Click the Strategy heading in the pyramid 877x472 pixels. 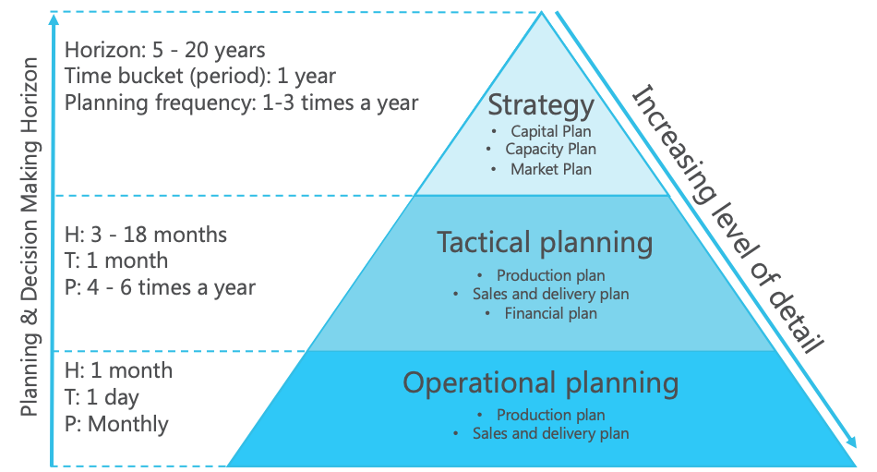tap(541, 105)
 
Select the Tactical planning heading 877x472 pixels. tap(544, 243)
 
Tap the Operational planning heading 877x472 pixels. tap(541, 382)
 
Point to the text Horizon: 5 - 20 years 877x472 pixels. tap(165, 49)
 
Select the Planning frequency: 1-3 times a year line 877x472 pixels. tap(241, 103)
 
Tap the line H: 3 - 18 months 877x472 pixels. tap(145, 235)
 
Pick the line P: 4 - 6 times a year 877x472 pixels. tap(160, 287)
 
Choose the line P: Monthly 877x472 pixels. tap(116, 424)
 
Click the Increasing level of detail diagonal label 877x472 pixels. tap(727, 218)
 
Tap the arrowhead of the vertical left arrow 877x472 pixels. tap(54, 19)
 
